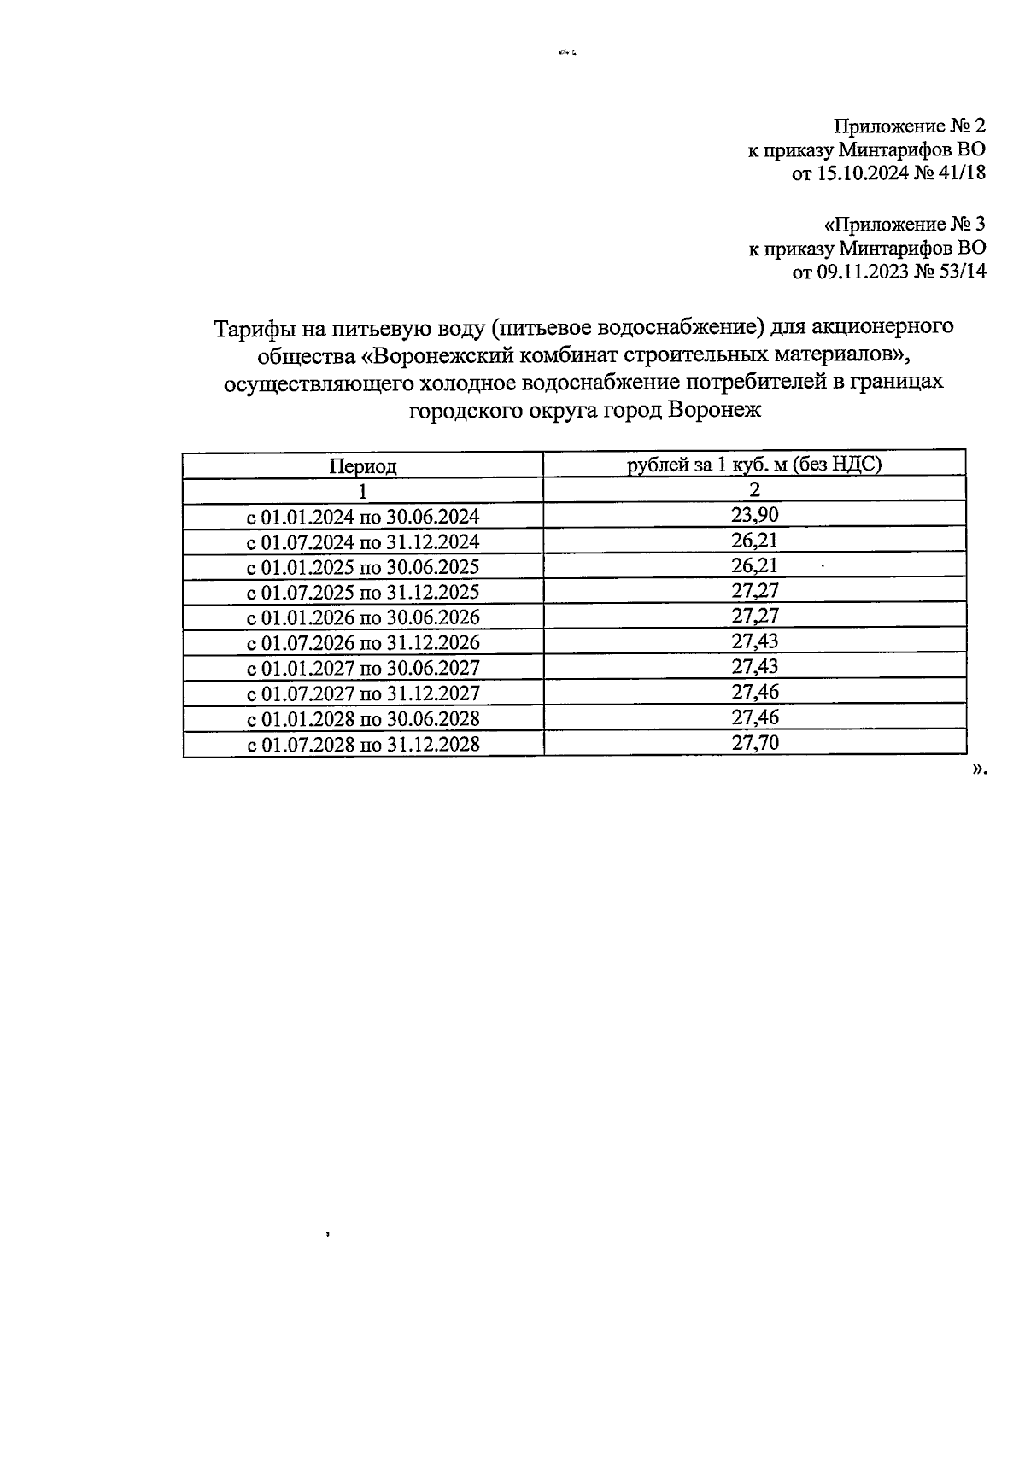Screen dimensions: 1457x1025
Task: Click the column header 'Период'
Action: (363, 466)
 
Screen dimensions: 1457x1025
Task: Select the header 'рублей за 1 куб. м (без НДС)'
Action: (754, 464)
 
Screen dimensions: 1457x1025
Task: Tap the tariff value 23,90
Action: (754, 515)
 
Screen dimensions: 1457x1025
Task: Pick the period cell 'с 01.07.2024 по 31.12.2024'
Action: (363, 542)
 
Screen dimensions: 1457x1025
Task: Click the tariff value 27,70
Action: (754, 743)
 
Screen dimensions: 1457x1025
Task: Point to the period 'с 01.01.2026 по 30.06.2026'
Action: (363, 617)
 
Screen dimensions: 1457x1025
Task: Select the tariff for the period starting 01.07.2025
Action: (754, 591)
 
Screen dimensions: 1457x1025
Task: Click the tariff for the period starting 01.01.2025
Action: (754, 565)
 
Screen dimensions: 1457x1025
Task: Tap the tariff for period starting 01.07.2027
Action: (754, 692)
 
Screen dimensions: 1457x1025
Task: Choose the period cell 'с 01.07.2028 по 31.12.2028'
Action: (363, 745)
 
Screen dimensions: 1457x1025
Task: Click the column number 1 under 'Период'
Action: (363, 491)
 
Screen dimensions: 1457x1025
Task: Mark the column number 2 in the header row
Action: (754, 489)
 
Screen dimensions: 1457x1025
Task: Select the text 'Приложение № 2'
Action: (909, 126)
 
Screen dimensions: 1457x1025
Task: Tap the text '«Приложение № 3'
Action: (904, 225)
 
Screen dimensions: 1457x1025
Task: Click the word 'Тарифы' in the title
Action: (250, 327)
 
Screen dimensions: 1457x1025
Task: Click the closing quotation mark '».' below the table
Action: (979, 769)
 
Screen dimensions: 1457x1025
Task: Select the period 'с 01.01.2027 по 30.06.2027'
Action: (363, 668)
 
